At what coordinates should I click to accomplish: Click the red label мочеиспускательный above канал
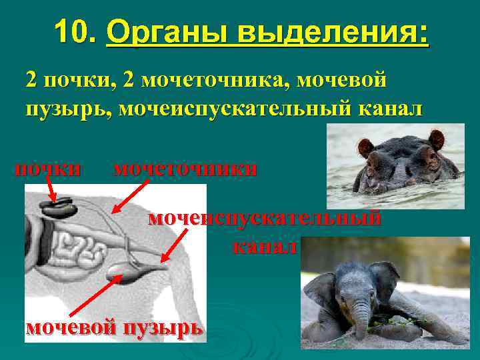(x=265, y=219)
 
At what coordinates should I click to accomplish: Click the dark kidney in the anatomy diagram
(x=61, y=208)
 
